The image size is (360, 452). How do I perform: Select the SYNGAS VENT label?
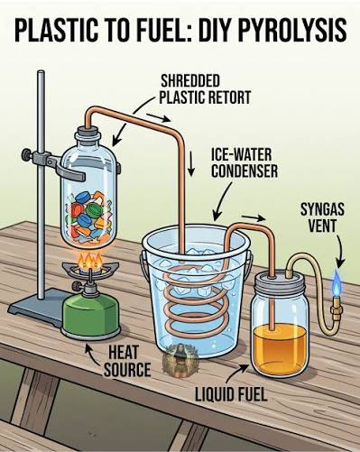(x=322, y=217)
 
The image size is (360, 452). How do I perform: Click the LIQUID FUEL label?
(x=231, y=394)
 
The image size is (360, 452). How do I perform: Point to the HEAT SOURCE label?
(x=127, y=361)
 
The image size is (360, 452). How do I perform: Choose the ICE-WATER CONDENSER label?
(x=245, y=163)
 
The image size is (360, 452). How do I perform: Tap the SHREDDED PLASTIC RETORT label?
(x=205, y=89)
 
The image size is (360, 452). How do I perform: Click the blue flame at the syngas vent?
(x=337, y=282)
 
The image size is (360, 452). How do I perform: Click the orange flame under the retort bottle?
(x=90, y=261)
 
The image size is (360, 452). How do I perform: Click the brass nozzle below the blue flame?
(x=336, y=309)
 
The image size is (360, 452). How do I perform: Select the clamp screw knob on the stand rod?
(x=26, y=155)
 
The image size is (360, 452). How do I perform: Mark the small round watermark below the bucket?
(x=180, y=360)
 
